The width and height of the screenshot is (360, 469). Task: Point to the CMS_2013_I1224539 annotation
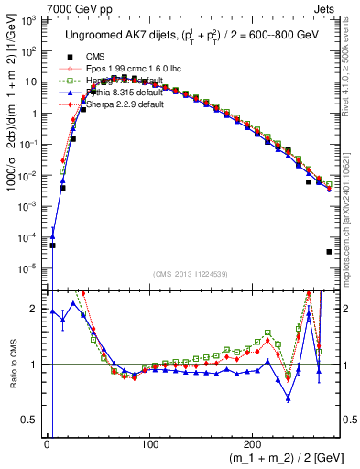[191, 274]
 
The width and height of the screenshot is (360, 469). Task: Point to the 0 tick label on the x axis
[46, 445]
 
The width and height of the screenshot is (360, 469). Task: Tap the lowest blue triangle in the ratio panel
[289, 398]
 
